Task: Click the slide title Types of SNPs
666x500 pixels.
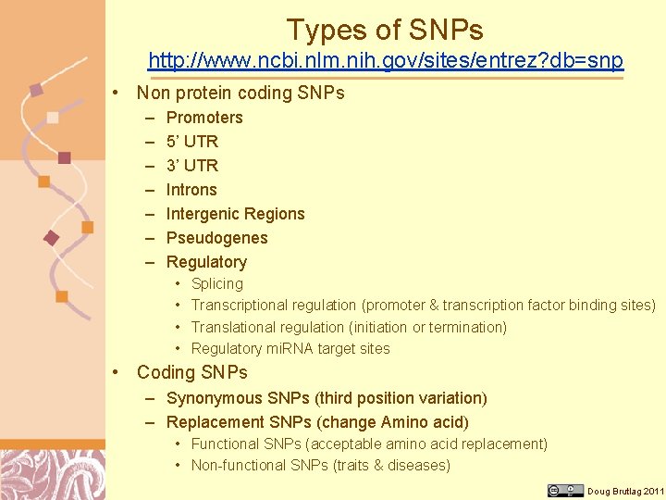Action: tap(385, 30)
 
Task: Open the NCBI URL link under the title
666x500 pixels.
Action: tap(386, 62)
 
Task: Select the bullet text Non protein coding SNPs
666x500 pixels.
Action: tap(240, 93)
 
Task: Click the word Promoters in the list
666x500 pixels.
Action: tap(204, 118)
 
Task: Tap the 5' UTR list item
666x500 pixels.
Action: tap(192, 142)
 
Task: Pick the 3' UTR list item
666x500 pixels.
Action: tap(192, 166)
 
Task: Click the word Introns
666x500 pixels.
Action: tap(191, 190)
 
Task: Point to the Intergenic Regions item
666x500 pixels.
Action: tap(235, 214)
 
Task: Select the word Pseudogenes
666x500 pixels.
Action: tap(216, 238)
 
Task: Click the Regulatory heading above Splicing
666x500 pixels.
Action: tap(206, 262)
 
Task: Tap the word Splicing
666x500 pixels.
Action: tap(217, 284)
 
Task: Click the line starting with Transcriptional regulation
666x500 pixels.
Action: tap(423, 306)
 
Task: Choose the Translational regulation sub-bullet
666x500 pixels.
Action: tap(349, 327)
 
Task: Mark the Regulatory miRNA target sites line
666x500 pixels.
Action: tap(290, 349)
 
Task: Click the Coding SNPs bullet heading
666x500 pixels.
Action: tap(192, 372)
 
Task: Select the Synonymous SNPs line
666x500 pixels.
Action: tap(327, 398)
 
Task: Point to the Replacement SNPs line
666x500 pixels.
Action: tap(317, 422)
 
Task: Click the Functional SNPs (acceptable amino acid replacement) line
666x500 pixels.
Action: tap(369, 444)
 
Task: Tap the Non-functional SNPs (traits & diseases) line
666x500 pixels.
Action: tap(320, 466)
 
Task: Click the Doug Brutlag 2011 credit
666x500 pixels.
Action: tap(625, 491)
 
